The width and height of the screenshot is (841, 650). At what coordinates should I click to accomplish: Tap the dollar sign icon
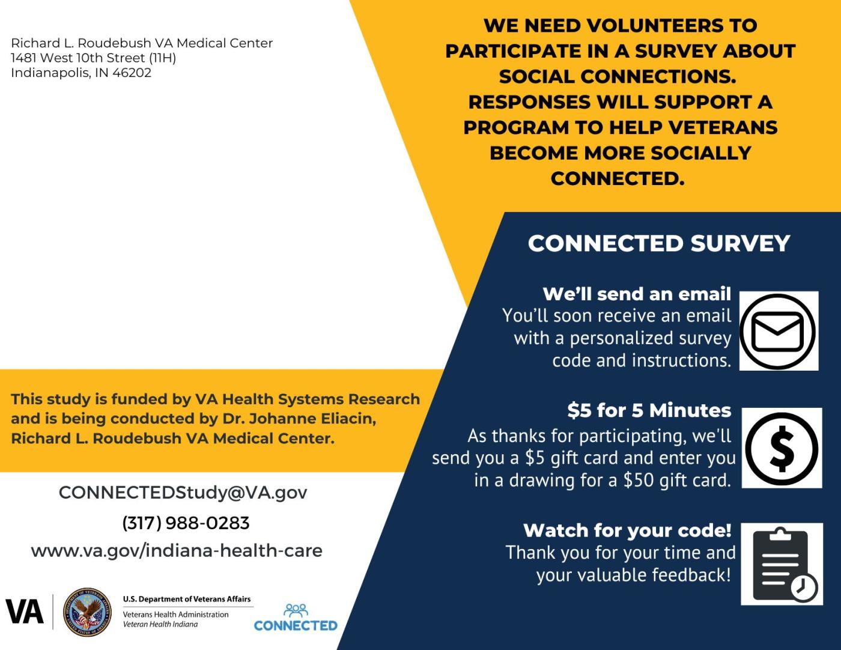pos(782,448)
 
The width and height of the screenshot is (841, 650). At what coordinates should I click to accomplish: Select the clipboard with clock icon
pos(782,564)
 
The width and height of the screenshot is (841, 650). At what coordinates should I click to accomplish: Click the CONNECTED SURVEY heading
pos(659,243)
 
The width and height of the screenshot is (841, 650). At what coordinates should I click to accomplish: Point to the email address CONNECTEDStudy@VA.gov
pos(183,493)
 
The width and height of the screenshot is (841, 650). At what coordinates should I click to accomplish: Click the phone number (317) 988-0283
pos(186,523)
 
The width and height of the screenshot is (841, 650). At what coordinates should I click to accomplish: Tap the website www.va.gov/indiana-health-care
pos(177,550)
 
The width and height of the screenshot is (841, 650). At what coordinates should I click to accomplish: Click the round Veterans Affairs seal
pos(87,612)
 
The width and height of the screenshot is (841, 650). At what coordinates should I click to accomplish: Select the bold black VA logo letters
pos(24,612)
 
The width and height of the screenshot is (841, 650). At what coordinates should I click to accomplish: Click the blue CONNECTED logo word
pos(296,625)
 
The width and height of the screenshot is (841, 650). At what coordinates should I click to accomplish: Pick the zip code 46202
pos(132,73)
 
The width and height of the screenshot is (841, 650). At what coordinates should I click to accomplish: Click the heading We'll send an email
pos(637,294)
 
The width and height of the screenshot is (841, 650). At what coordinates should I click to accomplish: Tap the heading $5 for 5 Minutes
pos(649,410)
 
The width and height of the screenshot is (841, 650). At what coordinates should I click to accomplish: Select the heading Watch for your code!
pos(627,530)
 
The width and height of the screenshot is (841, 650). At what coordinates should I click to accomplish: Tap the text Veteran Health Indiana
pos(160,624)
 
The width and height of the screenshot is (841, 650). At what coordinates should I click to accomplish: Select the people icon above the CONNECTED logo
pos(296,610)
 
